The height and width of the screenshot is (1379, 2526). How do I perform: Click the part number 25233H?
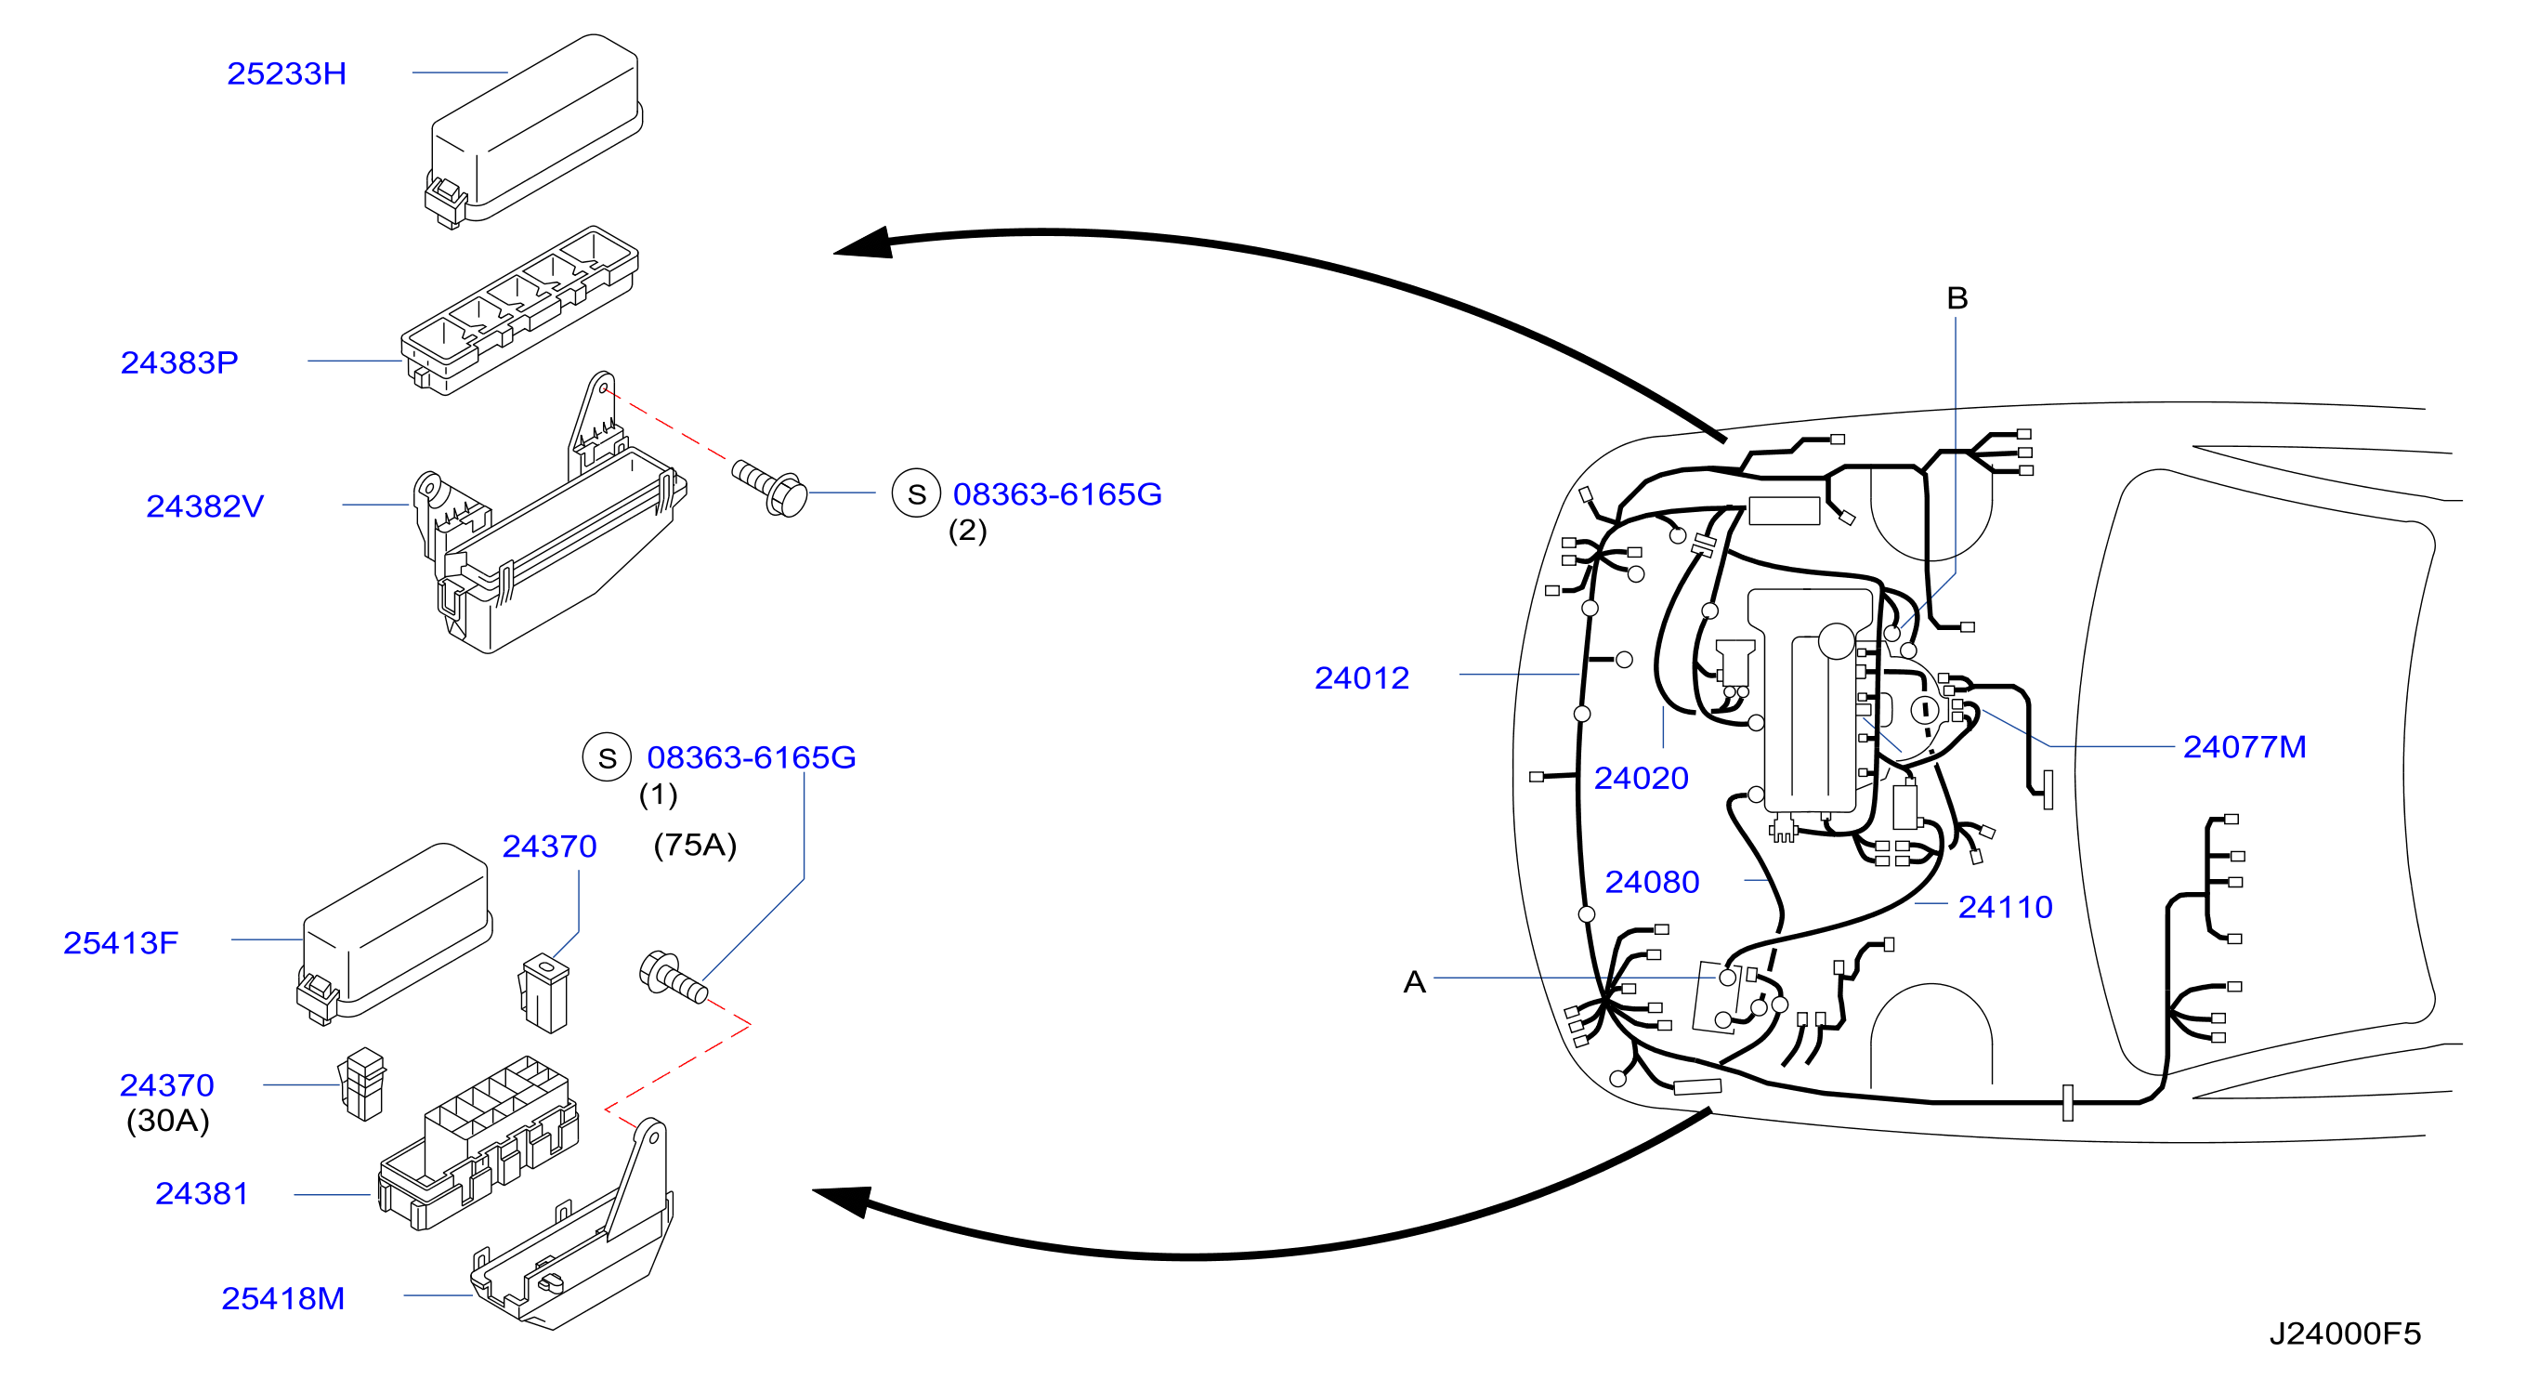click(x=286, y=73)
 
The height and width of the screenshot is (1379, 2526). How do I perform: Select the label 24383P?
click(x=179, y=363)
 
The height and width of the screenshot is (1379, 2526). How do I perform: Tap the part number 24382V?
click(x=205, y=506)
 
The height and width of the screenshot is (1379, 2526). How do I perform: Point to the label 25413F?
click(x=121, y=942)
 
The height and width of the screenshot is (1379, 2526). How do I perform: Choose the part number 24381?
click(x=202, y=1194)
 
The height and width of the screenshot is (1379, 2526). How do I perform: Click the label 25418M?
click(x=282, y=1298)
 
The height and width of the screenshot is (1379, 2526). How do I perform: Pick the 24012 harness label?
click(x=1361, y=677)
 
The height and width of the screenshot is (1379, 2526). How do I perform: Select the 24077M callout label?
click(x=2244, y=747)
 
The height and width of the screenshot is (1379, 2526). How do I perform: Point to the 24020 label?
click(x=1641, y=779)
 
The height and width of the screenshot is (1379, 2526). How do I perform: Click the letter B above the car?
click(x=1957, y=298)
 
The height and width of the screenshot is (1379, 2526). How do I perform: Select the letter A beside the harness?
click(x=1414, y=982)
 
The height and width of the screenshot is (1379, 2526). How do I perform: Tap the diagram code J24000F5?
click(x=2345, y=1333)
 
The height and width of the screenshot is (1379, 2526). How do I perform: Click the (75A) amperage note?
click(x=695, y=846)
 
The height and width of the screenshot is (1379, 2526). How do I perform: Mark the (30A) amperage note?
click(x=167, y=1121)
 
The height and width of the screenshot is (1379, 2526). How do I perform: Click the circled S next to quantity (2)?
click(x=916, y=493)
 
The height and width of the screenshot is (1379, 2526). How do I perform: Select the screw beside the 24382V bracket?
click(x=770, y=488)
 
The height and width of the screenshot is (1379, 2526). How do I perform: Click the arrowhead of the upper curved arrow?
click(x=863, y=244)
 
